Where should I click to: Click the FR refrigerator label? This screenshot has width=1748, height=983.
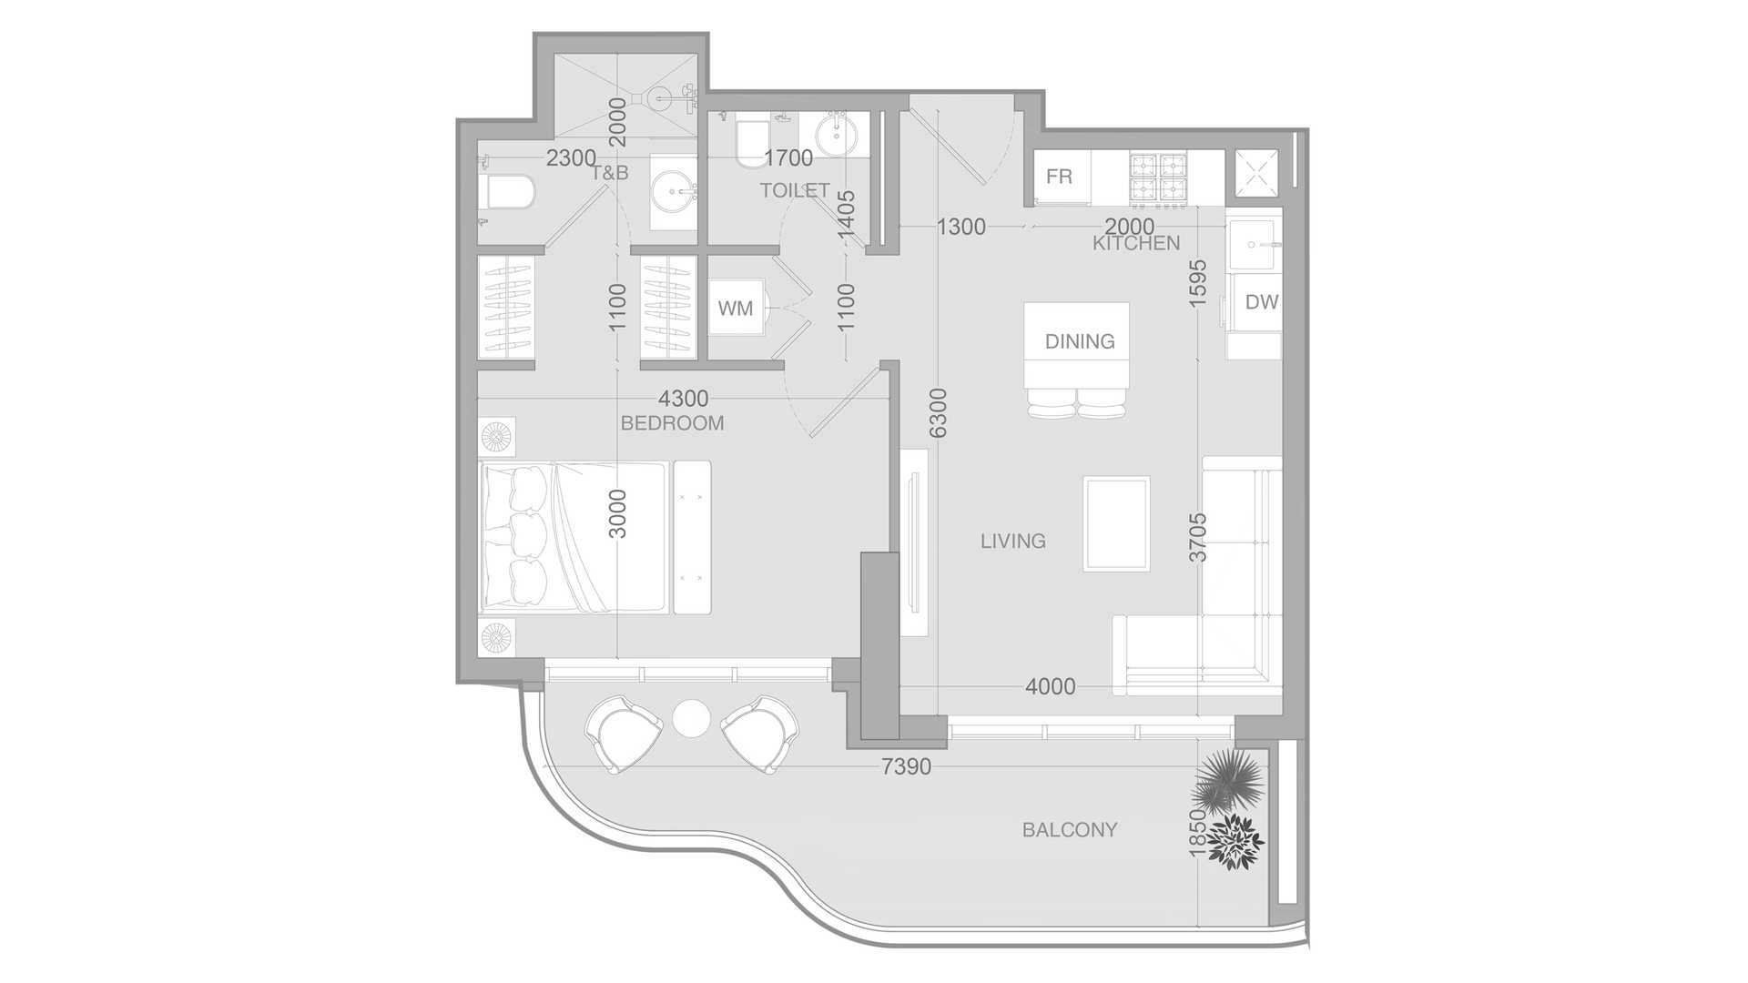(1059, 177)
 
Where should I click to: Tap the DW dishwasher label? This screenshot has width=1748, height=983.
(1261, 302)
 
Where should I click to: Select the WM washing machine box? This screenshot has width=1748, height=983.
(736, 309)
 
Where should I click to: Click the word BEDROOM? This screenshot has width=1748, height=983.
(672, 423)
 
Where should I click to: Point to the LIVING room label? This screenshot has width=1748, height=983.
(1012, 542)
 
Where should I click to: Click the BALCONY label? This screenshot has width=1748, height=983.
(1069, 830)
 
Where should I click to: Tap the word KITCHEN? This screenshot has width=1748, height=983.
(1135, 244)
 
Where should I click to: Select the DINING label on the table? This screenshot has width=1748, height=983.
(1079, 341)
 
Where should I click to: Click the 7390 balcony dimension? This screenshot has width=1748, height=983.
(906, 767)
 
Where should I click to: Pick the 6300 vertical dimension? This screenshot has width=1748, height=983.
(939, 412)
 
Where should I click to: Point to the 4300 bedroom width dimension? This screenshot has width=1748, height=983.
(683, 399)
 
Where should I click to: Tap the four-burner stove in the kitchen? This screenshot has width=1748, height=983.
(1159, 177)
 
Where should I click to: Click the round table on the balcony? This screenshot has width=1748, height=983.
(691, 717)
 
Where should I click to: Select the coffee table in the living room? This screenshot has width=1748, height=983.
(1116, 523)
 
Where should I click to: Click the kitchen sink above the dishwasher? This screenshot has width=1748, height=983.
(1254, 245)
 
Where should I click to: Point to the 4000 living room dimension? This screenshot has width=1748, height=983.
(1050, 686)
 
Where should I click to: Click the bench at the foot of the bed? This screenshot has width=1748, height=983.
(692, 537)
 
